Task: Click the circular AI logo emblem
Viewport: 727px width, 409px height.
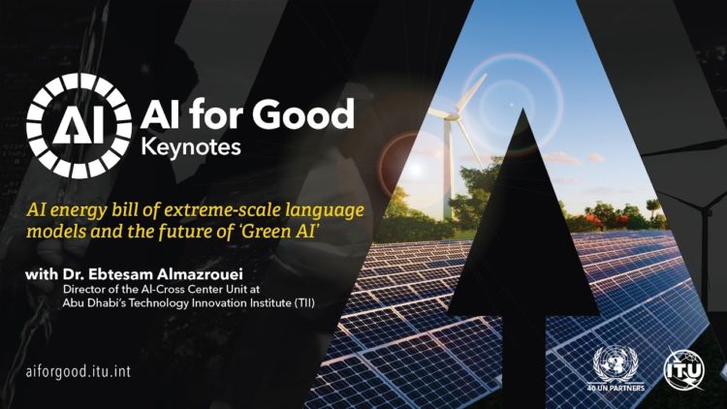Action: tap(79, 125)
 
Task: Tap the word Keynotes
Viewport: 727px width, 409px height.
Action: tap(191, 148)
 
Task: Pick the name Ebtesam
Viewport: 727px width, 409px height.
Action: tap(120, 274)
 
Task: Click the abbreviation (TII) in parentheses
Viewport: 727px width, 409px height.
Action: tap(304, 303)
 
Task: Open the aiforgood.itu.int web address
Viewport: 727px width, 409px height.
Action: tap(79, 371)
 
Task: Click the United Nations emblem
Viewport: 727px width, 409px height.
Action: tap(616, 364)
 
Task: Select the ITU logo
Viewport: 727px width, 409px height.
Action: tap(684, 369)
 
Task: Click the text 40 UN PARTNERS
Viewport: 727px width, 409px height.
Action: tap(616, 388)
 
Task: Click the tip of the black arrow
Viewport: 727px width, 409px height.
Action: tap(523, 109)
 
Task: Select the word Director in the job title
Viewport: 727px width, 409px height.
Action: tap(80, 289)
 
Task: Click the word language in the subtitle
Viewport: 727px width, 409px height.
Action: tap(325, 211)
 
